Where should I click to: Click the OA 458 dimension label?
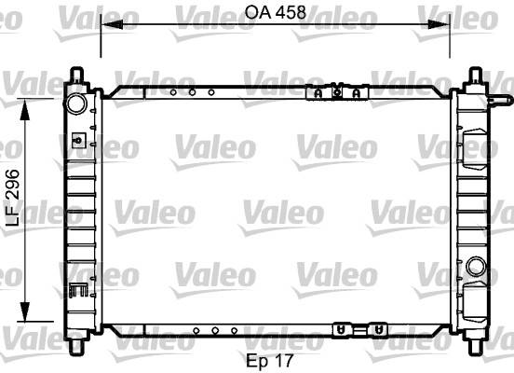276,12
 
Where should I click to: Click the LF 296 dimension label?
13,198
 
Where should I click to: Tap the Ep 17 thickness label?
269,361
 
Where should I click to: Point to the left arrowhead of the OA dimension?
112,24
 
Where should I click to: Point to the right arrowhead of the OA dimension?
439,24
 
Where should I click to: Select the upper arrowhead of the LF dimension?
24,110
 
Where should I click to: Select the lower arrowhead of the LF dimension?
24,311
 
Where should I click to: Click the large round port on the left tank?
76,104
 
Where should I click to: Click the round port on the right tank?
476,267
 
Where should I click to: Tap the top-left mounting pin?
76,75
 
